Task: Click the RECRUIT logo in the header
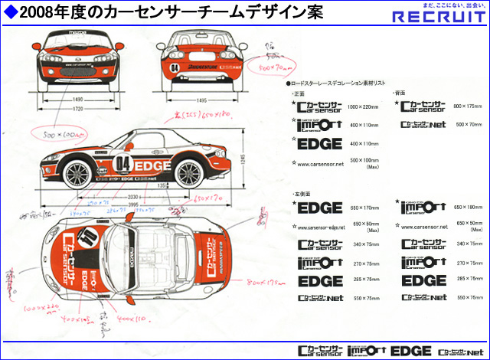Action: pos(438,17)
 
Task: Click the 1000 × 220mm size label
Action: pos(364,107)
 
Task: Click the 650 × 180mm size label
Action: pos(468,208)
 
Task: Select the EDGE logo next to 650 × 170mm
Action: pos(319,207)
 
